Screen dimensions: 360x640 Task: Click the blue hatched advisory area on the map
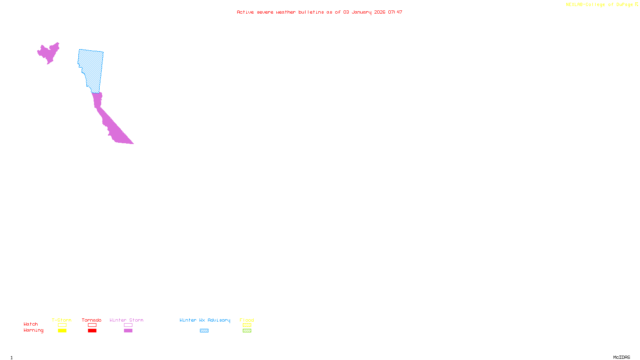pyautogui.click(x=91, y=68)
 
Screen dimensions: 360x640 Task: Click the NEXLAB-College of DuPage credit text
pyautogui.click(x=600, y=5)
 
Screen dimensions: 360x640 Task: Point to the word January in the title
pyautogui.click(x=361, y=12)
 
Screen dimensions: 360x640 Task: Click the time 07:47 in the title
pyautogui.click(x=395, y=12)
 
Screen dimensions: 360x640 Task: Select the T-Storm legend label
pyautogui.click(x=62, y=320)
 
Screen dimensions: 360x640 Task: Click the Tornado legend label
pyautogui.click(x=92, y=320)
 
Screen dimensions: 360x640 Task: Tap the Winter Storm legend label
pyautogui.click(x=126, y=320)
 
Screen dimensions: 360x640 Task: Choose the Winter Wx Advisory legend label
pyautogui.click(x=205, y=320)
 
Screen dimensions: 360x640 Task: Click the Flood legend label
pyautogui.click(x=247, y=320)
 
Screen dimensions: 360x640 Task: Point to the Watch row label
pyautogui.click(x=31, y=324)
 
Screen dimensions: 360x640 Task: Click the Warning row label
pyautogui.click(x=34, y=330)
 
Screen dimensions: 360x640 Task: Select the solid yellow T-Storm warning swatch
pyautogui.click(x=62, y=331)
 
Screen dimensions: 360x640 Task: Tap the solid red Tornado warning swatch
pyautogui.click(x=92, y=331)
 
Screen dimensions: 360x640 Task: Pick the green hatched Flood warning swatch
pyautogui.click(x=247, y=331)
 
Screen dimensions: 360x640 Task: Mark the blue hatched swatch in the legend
pyautogui.click(x=204, y=331)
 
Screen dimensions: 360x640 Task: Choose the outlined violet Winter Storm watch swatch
pyautogui.click(x=128, y=325)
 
